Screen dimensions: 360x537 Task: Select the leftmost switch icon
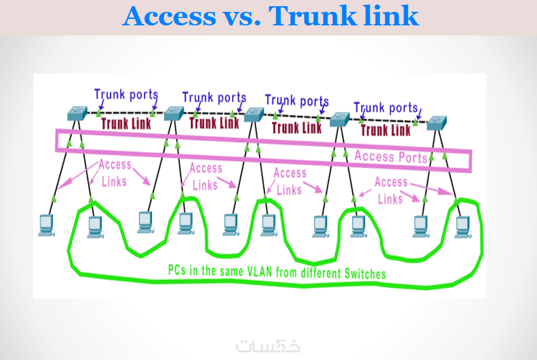pyautogui.click(x=76, y=113)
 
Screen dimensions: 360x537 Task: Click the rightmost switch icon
pyautogui.click(x=436, y=123)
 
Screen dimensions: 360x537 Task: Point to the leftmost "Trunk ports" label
pyautogui.click(x=126, y=95)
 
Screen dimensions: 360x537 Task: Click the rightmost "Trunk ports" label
pyautogui.click(x=386, y=107)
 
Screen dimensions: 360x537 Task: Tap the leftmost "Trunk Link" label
pyautogui.click(x=126, y=124)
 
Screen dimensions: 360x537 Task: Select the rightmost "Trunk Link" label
pyautogui.click(x=386, y=130)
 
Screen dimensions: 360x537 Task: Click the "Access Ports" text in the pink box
pyautogui.click(x=391, y=156)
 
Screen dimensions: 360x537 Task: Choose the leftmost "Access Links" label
pyautogui.click(x=115, y=173)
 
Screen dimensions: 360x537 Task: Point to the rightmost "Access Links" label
pyautogui.click(x=391, y=190)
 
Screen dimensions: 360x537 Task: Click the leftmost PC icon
pyautogui.click(x=45, y=225)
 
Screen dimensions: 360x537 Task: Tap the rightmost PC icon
pyautogui.click(x=462, y=225)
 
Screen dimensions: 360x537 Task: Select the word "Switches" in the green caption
pyautogui.click(x=365, y=274)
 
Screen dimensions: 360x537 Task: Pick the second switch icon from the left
pyautogui.click(x=173, y=113)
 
